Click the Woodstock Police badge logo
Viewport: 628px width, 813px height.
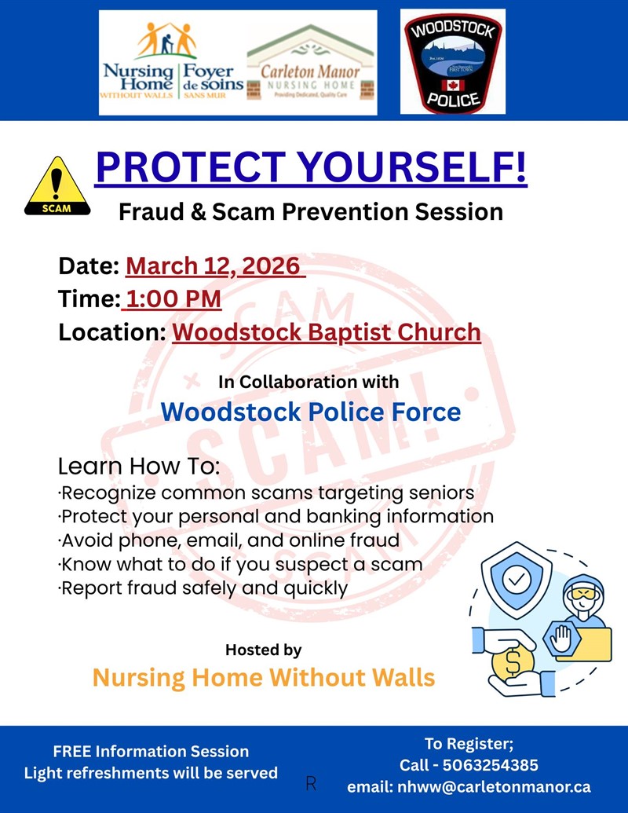[453, 62]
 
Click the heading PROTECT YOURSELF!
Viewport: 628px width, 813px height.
[311, 168]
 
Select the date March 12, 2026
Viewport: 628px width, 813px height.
[214, 266]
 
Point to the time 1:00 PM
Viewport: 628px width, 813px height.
[172, 299]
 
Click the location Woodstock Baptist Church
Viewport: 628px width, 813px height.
[326, 332]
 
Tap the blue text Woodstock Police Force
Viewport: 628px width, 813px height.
[311, 412]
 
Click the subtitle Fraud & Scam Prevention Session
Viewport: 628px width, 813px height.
[311, 211]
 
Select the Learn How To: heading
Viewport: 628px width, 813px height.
[138, 467]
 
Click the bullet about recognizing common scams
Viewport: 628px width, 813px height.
[266, 493]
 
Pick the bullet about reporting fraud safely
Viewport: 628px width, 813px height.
[203, 588]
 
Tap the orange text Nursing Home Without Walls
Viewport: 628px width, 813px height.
[263, 677]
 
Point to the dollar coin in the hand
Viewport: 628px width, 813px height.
[513, 661]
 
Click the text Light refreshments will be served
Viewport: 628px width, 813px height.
[151, 773]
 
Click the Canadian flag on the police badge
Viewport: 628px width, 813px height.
[453, 83]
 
